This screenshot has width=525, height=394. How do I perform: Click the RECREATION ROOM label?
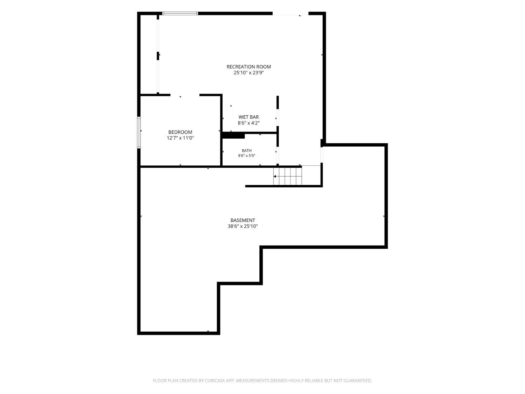(248, 67)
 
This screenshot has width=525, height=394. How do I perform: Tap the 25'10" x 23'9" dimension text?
(248, 73)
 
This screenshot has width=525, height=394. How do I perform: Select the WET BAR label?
(248, 117)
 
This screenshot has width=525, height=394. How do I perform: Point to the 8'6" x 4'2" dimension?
(248, 123)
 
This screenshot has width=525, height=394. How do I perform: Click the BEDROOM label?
(180, 132)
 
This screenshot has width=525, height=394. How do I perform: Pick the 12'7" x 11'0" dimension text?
(180, 138)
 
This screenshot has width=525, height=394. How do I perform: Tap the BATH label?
(247, 151)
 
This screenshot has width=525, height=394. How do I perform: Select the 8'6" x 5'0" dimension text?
(247, 155)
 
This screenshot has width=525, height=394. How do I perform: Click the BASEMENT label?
(243, 220)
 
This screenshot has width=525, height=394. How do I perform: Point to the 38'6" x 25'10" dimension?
(243, 226)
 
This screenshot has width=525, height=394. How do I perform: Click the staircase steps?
(287, 176)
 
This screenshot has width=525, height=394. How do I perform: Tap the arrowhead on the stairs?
(275, 176)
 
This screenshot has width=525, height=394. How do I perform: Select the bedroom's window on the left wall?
(139, 132)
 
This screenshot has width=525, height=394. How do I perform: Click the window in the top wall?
(180, 13)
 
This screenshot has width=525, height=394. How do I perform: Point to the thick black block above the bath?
(233, 136)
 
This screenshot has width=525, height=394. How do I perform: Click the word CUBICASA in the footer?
(215, 380)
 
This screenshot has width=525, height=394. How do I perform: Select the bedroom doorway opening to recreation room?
(185, 95)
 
